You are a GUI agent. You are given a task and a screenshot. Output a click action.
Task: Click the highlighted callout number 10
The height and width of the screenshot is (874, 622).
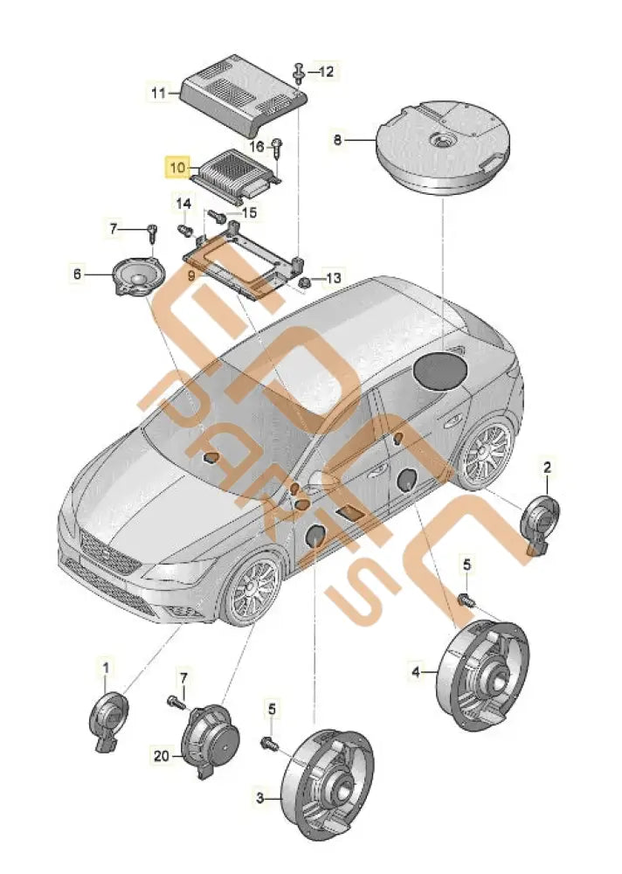point(177,165)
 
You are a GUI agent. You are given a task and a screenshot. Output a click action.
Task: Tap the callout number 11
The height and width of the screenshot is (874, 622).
point(158,91)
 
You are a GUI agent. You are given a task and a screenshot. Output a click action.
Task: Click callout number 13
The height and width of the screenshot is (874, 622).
point(334,279)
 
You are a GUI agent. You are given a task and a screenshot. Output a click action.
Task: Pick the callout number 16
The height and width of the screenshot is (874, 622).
point(258,147)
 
